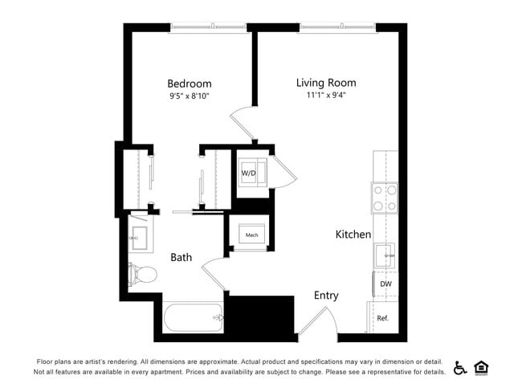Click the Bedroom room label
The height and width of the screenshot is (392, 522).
pos(189,84)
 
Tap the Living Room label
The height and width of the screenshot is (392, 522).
pos(325,83)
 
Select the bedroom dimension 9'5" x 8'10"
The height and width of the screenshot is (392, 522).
pos(189,96)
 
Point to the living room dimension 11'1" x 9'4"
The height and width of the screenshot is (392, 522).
pos(325,96)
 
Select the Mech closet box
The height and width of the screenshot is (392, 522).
pos(251,235)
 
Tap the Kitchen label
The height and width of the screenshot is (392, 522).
pos(353,235)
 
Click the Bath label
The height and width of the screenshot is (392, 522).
pos(181,257)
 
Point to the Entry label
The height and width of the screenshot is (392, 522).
pos(326,296)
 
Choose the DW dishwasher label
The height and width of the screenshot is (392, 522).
pos(385,284)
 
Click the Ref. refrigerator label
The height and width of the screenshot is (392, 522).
pos(382,318)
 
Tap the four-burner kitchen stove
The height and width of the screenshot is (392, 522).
pos(384,198)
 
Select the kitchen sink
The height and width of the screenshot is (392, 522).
pos(385,255)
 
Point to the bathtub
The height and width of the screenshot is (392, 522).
pos(193,319)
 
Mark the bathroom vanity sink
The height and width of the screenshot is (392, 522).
pos(139,236)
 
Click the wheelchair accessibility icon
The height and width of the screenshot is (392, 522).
pos(460,368)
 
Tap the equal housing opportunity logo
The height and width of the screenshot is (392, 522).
pos(482,368)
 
